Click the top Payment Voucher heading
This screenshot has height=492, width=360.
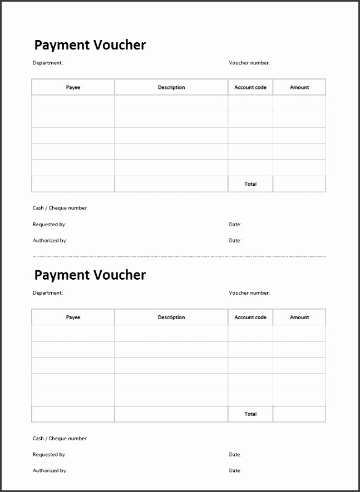(x=90, y=45)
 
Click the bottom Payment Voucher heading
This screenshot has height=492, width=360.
(x=90, y=275)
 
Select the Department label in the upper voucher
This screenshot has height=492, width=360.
(x=48, y=63)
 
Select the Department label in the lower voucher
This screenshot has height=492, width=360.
(x=48, y=292)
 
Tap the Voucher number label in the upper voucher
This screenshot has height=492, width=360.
(x=249, y=63)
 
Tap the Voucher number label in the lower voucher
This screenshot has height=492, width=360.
(x=249, y=292)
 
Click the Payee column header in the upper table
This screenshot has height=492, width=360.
(x=73, y=87)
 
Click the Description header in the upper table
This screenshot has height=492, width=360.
(x=171, y=87)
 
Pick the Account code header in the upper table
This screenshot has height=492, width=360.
(x=250, y=87)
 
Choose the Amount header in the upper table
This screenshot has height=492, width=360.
(x=299, y=87)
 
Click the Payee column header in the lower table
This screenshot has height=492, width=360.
(x=73, y=317)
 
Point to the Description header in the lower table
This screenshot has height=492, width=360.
(x=171, y=317)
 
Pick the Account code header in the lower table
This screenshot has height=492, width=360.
(x=250, y=317)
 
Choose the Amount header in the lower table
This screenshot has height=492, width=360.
(x=299, y=317)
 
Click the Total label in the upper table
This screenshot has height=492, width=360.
(x=250, y=184)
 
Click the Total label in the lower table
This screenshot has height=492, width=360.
(x=250, y=414)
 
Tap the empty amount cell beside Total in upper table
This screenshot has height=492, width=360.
(x=299, y=184)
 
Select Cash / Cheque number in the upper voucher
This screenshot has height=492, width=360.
(x=60, y=208)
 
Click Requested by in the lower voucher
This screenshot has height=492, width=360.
(x=50, y=454)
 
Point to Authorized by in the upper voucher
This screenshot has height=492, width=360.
(x=50, y=241)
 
